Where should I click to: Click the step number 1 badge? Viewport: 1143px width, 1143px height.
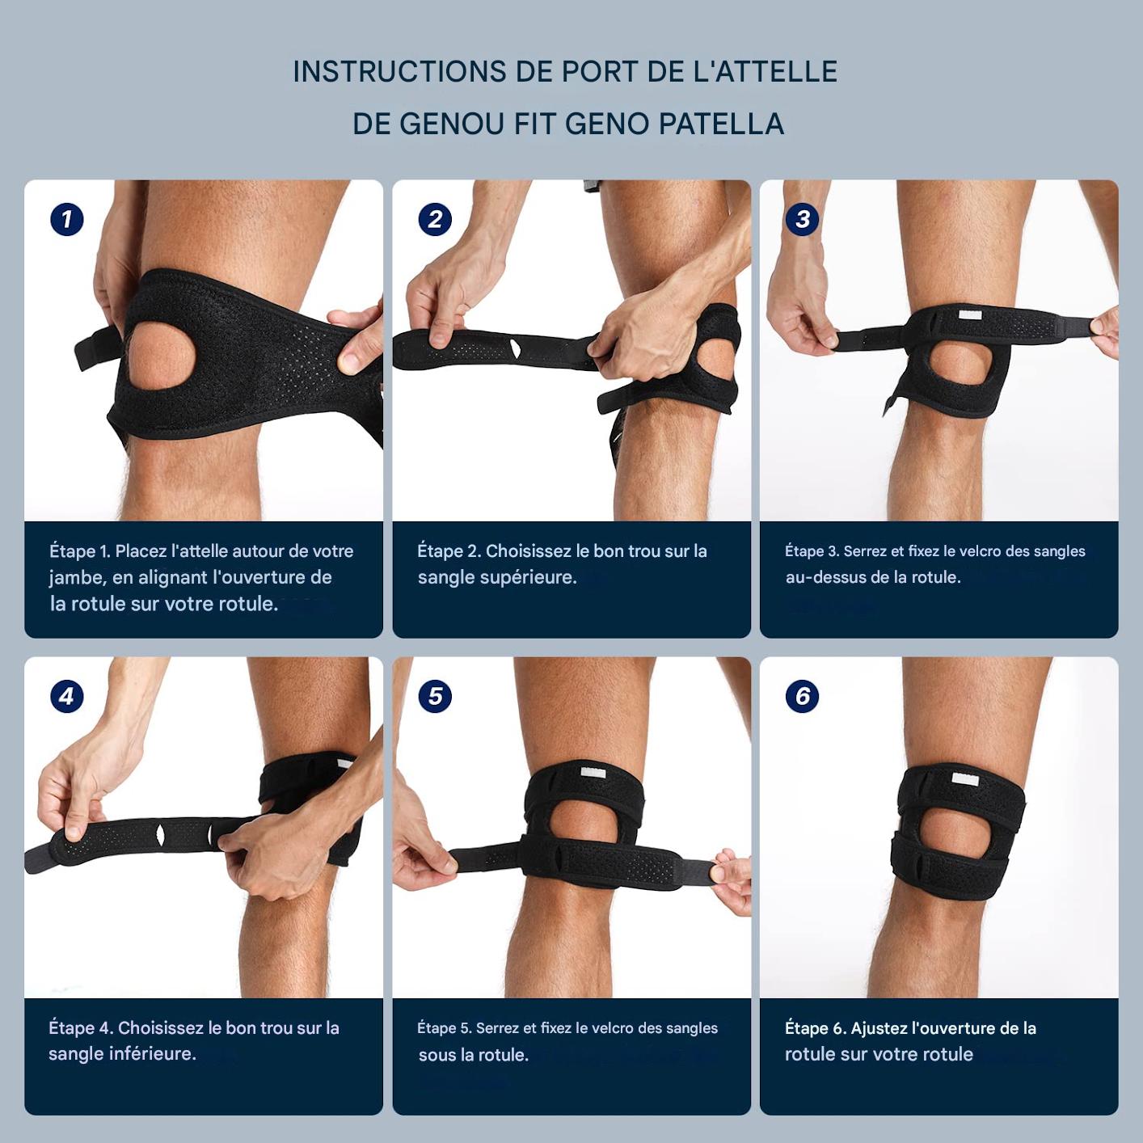tap(66, 219)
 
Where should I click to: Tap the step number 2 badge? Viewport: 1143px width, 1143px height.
tap(435, 219)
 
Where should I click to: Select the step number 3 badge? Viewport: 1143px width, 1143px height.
tap(802, 219)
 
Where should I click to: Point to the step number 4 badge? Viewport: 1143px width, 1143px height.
tap(66, 696)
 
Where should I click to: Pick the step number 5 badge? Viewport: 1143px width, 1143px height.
tap(435, 696)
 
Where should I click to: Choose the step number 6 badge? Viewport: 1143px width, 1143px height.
tap(802, 696)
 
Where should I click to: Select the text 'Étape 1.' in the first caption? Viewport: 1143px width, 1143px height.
tap(79, 551)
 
